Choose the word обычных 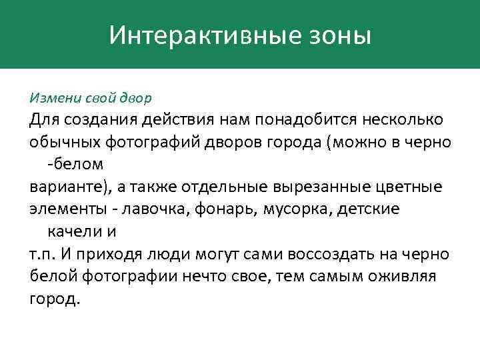64,142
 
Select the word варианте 62,186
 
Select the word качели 73,231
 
